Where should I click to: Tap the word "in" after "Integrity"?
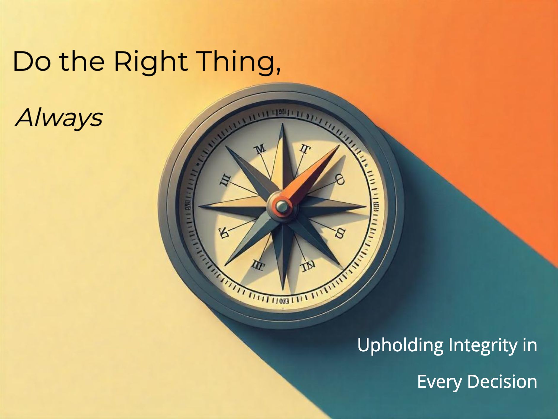point(530,345)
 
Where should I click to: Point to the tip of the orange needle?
point(338,146)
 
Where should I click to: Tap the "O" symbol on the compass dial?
point(340,180)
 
